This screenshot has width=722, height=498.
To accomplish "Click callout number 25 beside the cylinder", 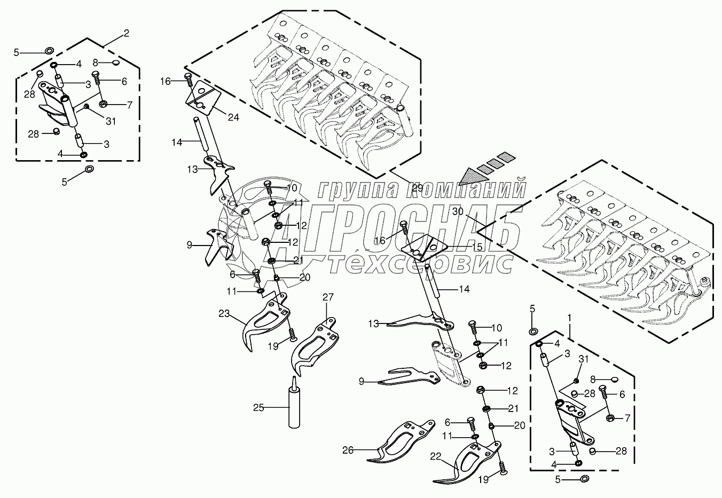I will click(x=259, y=408).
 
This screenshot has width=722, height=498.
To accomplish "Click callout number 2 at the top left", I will click(x=126, y=34).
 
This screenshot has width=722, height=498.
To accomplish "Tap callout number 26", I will click(x=348, y=450).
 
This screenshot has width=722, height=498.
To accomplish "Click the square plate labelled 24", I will click(x=201, y=97).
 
